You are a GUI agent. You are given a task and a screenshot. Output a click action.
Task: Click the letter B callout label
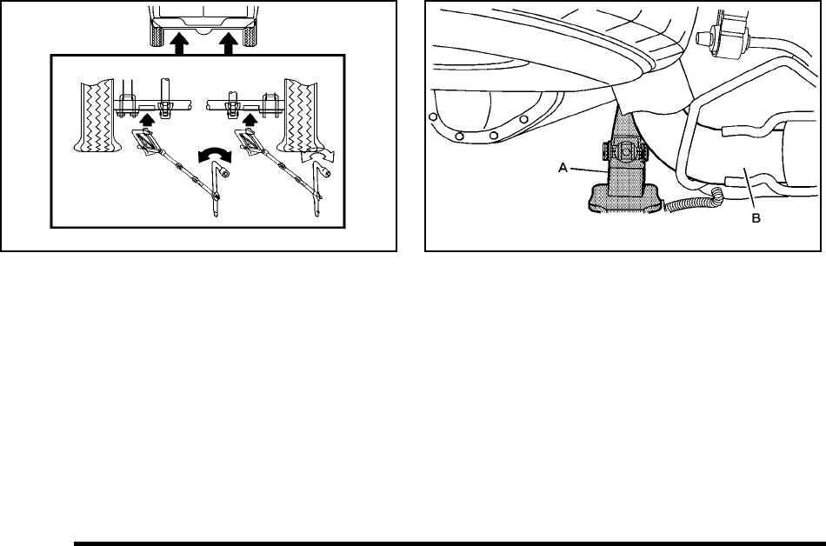tap(756, 219)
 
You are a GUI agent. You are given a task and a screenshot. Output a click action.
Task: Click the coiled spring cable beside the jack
tap(691, 203)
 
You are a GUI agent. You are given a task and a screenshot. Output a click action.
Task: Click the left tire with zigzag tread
tap(96, 117)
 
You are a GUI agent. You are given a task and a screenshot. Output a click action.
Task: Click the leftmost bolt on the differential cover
tap(431, 115)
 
